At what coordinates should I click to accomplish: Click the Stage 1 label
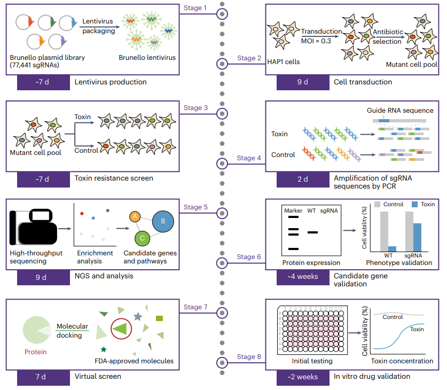click(x=195, y=7)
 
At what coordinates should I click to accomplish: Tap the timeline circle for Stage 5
click(x=222, y=213)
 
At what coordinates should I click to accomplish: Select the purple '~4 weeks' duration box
click(x=303, y=277)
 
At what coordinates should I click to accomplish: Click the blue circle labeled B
click(x=163, y=221)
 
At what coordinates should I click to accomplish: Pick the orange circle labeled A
click(x=135, y=217)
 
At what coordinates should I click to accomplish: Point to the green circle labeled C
click(x=142, y=238)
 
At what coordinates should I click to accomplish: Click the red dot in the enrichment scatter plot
click(x=82, y=214)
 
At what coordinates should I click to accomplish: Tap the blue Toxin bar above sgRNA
click(x=417, y=237)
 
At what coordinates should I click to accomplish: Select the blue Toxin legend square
click(x=415, y=205)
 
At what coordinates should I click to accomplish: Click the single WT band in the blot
click(x=313, y=232)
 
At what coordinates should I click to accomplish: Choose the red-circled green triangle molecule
click(x=121, y=329)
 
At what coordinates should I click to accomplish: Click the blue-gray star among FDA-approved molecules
click(x=138, y=316)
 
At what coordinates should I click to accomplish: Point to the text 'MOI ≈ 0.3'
click(x=316, y=41)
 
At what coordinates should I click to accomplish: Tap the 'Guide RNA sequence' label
click(x=400, y=111)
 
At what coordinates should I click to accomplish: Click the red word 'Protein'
click(x=36, y=352)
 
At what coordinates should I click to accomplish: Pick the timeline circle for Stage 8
click(x=222, y=363)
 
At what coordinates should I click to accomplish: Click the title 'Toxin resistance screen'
click(x=114, y=178)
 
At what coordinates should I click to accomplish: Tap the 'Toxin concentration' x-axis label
click(x=402, y=361)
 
